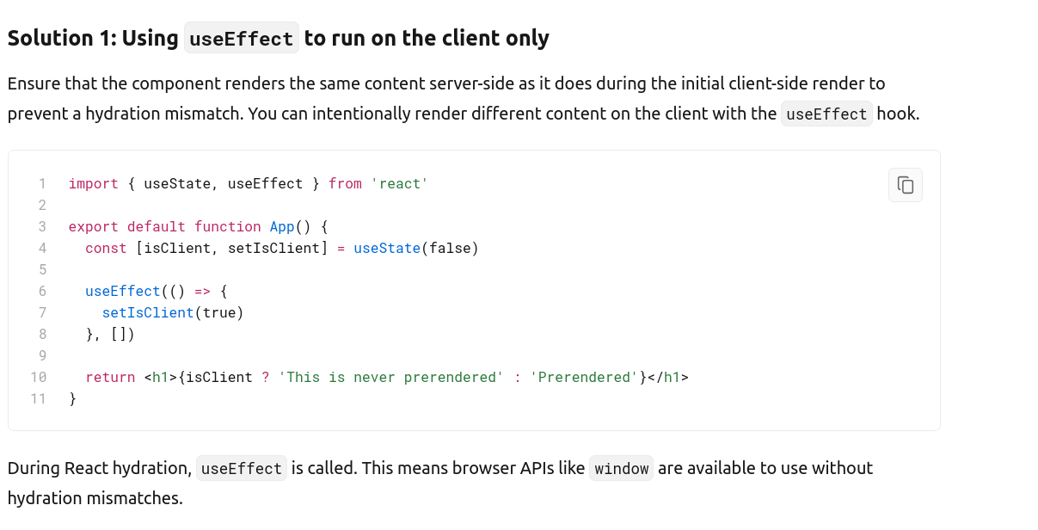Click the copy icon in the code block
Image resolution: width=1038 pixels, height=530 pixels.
pyautogui.click(x=905, y=185)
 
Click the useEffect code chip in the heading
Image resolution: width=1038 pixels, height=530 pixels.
pyautogui.click(x=241, y=39)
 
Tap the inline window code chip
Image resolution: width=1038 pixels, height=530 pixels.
pyautogui.click(x=621, y=469)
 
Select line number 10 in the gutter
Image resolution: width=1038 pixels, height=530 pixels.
pyautogui.click(x=39, y=377)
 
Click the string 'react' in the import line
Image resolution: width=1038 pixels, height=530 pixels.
pyautogui.click(x=399, y=183)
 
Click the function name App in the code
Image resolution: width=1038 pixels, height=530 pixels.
pyautogui.click(x=282, y=226)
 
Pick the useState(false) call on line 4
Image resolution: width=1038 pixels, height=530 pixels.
pyautogui.click(x=415, y=248)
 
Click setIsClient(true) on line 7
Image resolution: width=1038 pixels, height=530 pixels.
pyautogui.click(x=172, y=312)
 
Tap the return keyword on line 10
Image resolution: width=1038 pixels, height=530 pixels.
pyautogui.click(x=110, y=377)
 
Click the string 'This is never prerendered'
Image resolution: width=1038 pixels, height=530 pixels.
pyautogui.click(x=390, y=377)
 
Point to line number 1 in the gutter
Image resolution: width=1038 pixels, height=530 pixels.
pyautogui.click(x=41, y=183)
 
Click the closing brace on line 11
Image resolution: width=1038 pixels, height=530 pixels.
pyautogui.click(x=73, y=398)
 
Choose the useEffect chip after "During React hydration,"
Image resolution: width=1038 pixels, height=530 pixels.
pyautogui.click(x=241, y=469)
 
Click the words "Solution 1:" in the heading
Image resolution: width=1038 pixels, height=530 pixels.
pyautogui.click(x=62, y=39)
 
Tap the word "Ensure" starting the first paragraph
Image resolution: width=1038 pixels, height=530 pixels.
pyautogui.click(x=33, y=83)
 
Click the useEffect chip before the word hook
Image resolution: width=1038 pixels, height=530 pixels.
pyautogui.click(x=826, y=114)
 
